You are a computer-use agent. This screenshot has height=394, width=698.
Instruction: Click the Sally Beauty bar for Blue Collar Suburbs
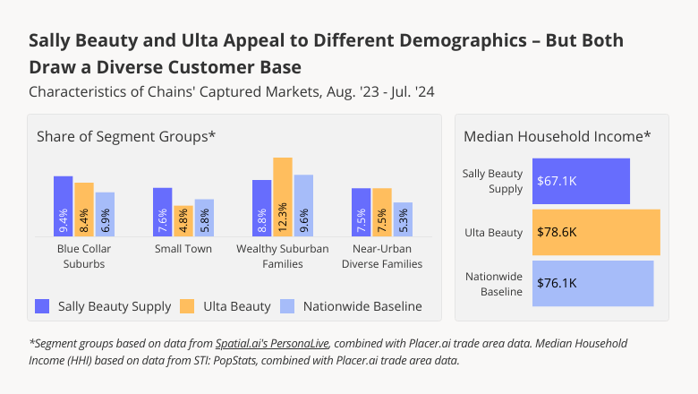(x=63, y=205)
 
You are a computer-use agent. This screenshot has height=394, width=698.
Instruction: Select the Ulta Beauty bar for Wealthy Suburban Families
(x=283, y=196)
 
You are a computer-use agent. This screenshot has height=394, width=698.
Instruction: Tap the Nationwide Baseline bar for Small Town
(x=204, y=217)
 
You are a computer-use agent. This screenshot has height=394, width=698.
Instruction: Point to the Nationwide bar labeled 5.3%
(x=403, y=218)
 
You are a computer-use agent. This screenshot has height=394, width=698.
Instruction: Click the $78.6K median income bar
(x=596, y=232)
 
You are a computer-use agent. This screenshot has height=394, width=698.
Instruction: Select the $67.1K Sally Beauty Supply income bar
(x=581, y=181)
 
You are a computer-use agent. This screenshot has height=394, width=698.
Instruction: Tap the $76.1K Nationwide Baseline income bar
(x=592, y=283)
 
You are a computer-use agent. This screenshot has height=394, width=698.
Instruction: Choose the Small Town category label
(x=183, y=248)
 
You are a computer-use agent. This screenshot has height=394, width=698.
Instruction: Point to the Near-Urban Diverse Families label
(x=381, y=256)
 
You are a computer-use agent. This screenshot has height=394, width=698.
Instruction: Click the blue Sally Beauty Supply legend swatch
(x=43, y=306)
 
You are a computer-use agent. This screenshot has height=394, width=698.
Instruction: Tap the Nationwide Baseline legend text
(x=362, y=306)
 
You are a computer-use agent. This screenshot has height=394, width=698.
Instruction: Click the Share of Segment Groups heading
(x=126, y=136)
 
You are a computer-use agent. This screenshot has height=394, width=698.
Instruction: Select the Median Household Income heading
(x=557, y=136)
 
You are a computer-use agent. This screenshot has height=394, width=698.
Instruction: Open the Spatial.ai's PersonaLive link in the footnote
(x=272, y=343)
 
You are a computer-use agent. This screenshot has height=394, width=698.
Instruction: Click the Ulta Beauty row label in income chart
(x=493, y=233)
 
